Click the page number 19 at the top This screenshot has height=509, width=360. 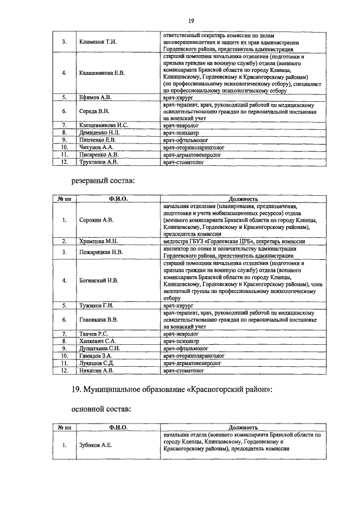(x=191, y=21)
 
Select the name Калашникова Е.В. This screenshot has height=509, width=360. (x=102, y=73)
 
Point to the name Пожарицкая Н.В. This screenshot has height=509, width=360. (x=101, y=252)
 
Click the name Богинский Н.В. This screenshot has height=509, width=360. (x=98, y=280)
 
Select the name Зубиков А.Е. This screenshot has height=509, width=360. (x=95, y=445)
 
